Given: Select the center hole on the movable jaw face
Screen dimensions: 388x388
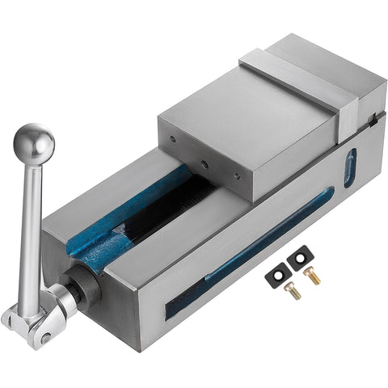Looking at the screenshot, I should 204,165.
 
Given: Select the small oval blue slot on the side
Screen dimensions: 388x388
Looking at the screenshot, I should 350,167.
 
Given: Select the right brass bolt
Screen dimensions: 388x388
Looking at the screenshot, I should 311,276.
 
